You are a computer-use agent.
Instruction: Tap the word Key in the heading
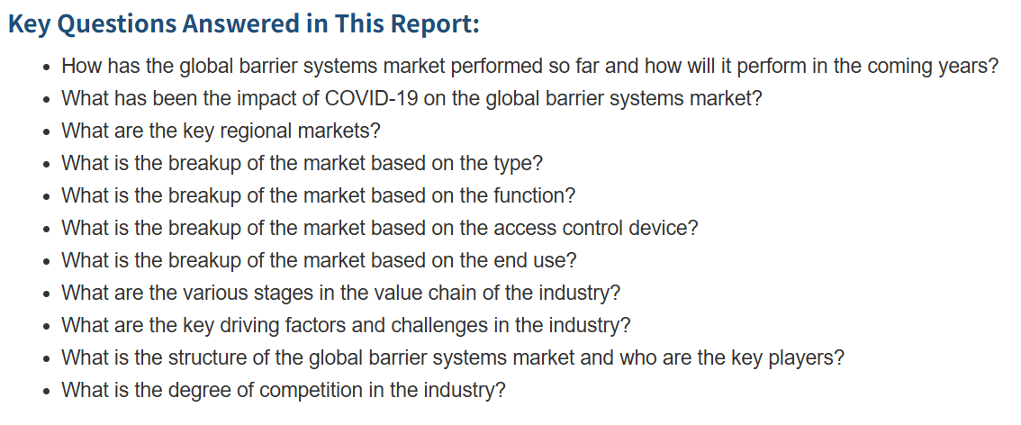pyautogui.click(x=29, y=24)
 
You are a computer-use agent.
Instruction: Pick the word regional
pyautogui.click(x=257, y=131)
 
